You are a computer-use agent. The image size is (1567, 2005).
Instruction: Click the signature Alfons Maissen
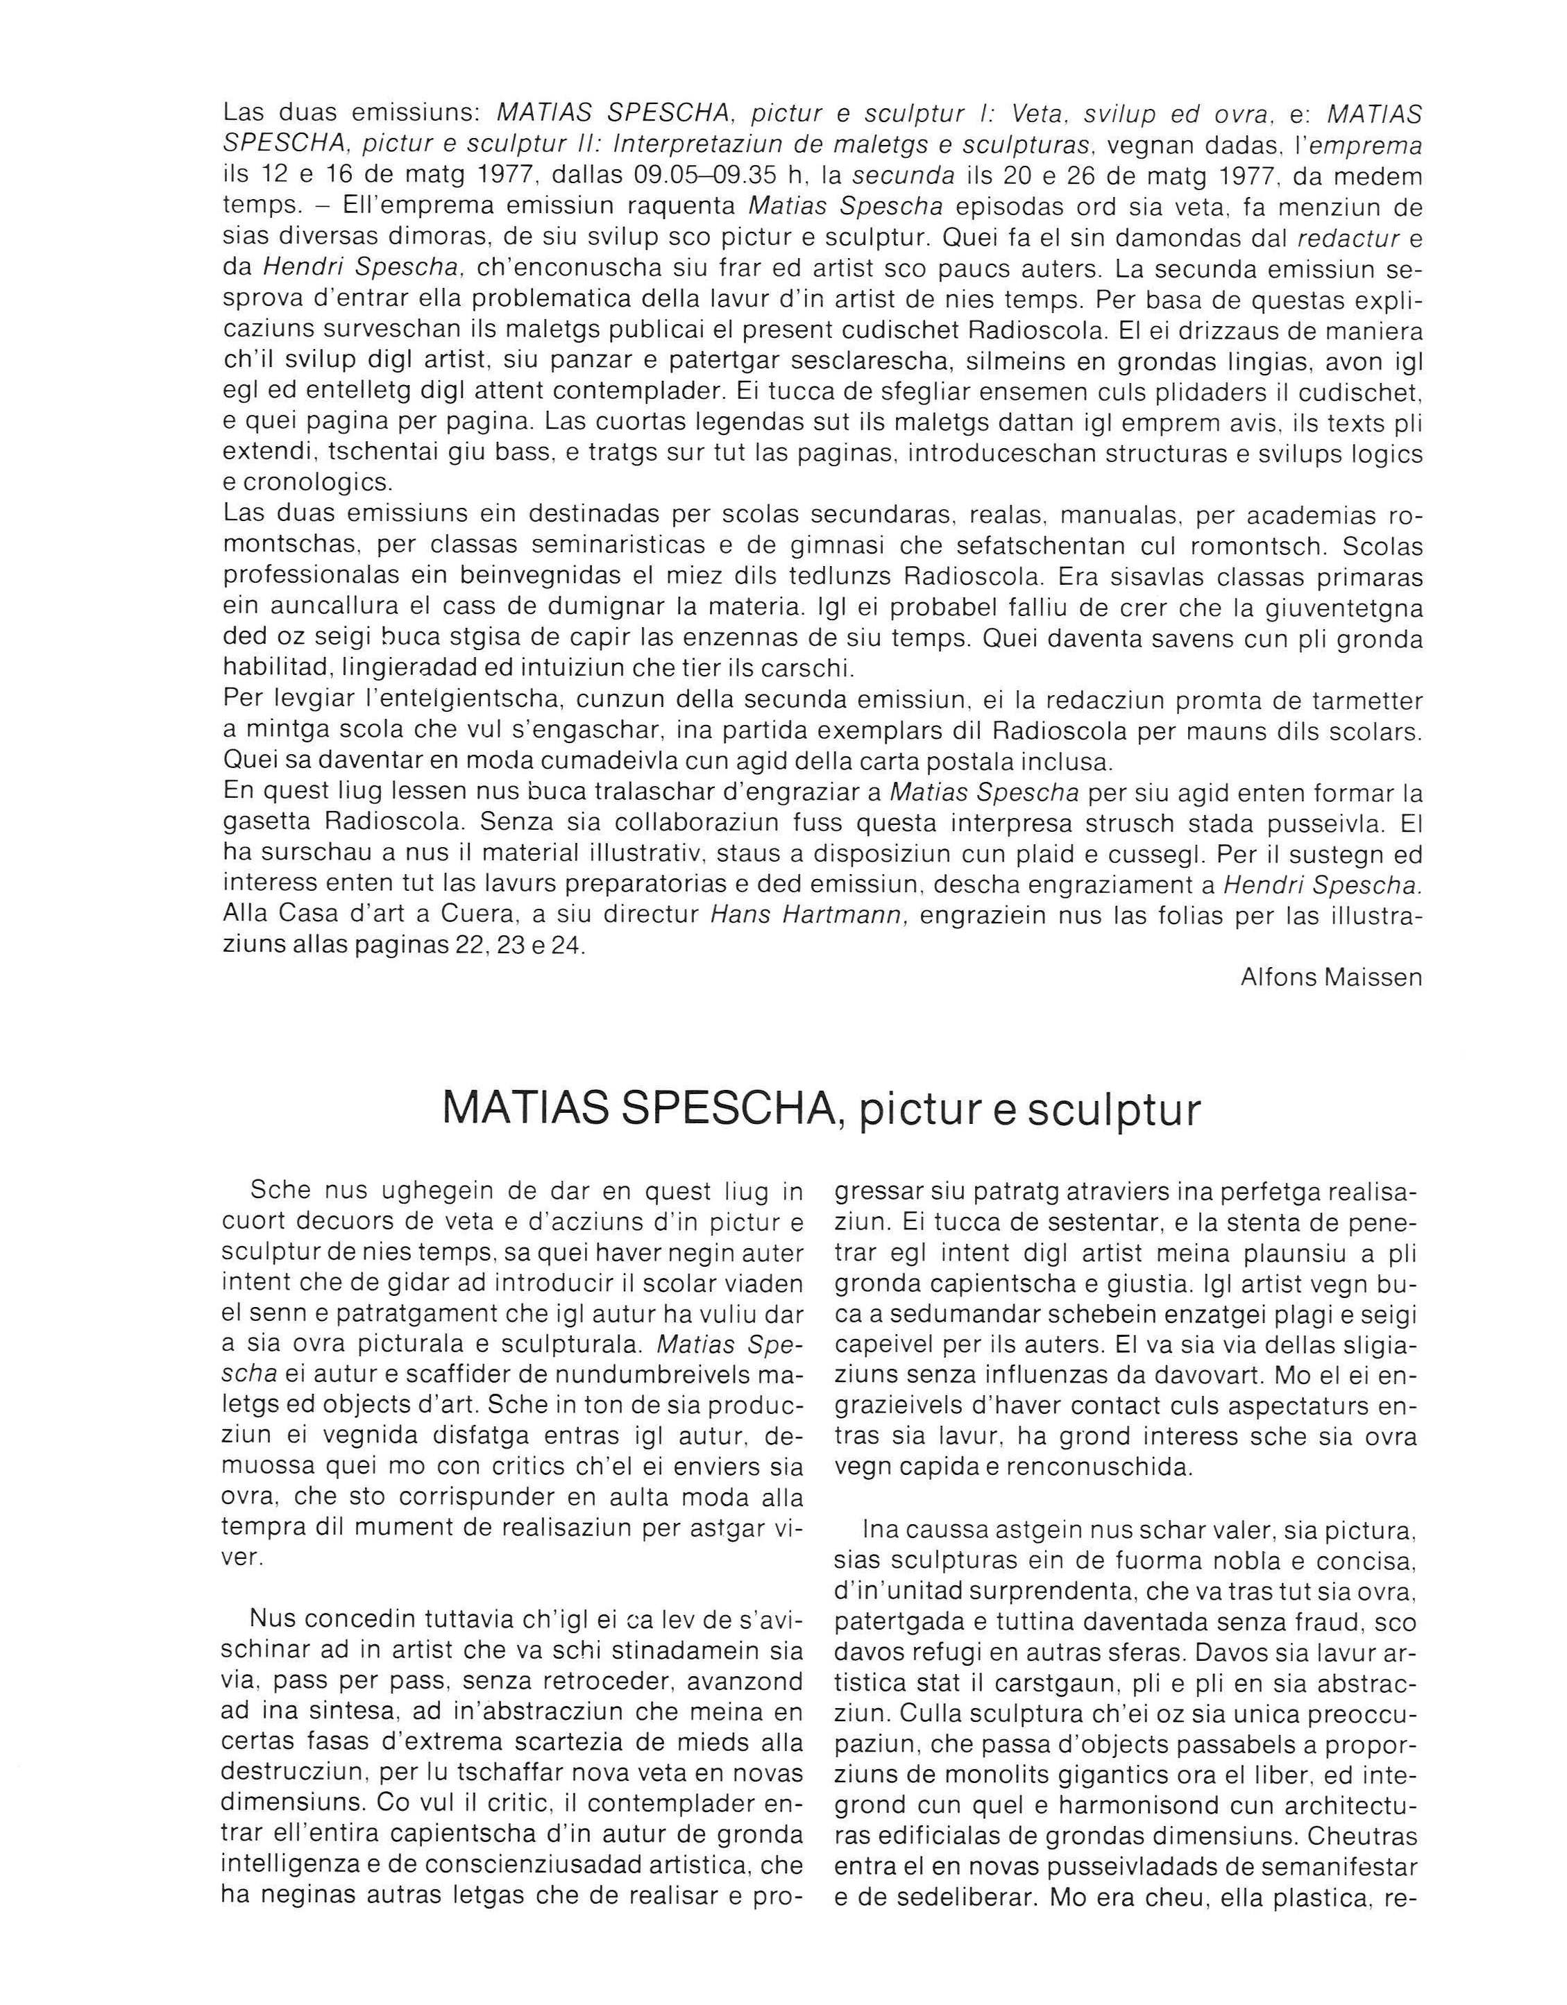pyautogui.click(x=1331, y=977)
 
